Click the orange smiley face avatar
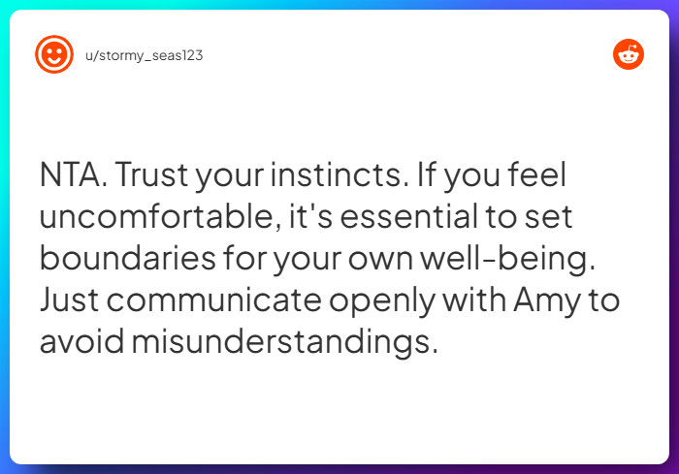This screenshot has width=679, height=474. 54,54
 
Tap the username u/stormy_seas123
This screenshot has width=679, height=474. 145,55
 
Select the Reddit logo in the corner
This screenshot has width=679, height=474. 629,54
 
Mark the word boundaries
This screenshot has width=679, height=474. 130,259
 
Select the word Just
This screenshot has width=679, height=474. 69,300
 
